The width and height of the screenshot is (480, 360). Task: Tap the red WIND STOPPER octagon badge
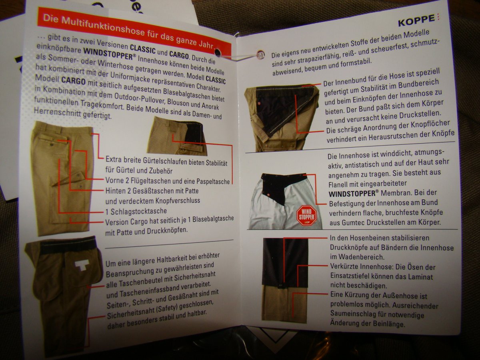pyautogui.click(x=306, y=215)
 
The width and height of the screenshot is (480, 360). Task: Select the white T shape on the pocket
pyautogui.click(x=82, y=265)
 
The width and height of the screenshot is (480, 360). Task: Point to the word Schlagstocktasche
pyautogui.click(x=139, y=211)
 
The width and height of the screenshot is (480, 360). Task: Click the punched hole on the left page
pyautogui.click(x=218, y=53)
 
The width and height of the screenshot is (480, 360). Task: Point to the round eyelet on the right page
pyautogui.click(x=260, y=54)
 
